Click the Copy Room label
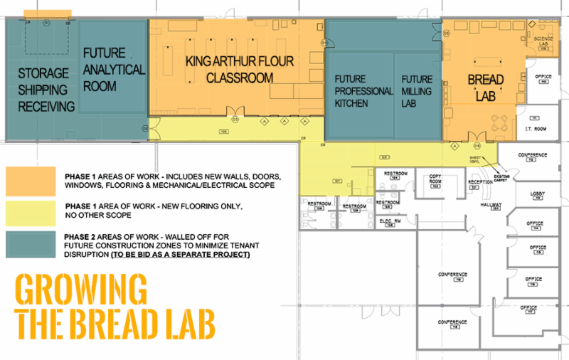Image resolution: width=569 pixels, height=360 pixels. coord(435,179)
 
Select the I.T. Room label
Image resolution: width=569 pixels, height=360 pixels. coord(534,129)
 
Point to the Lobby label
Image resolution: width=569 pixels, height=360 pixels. coord(537,194)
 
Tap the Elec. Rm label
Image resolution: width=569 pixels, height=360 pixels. coord(388,221)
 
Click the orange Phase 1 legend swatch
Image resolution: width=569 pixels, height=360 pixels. coord(30,181)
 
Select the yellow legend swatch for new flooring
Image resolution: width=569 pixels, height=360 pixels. coord(30,211)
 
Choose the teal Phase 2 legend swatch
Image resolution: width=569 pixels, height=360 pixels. coord(30,244)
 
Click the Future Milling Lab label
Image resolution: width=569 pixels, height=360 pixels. coord(416,90)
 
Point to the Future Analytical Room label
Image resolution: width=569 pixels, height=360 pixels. coord(114,70)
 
